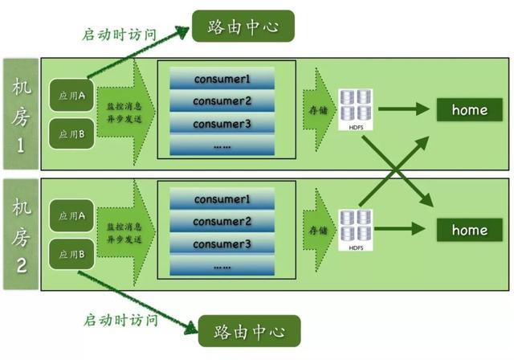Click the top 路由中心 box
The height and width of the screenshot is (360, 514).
point(242,26)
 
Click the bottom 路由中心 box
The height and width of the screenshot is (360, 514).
point(242,331)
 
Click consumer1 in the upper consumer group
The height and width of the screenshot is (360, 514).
point(222,79)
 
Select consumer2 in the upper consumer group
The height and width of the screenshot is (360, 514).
point(222,101)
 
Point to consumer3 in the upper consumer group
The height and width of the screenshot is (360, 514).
point(222,124)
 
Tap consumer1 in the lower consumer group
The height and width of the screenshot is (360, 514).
point(222,198)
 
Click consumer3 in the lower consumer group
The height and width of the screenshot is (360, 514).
point(222,243)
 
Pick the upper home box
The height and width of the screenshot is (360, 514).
point(470,108)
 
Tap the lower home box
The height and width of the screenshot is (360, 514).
point(470,230)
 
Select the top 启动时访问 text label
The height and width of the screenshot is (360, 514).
point(120,35)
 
